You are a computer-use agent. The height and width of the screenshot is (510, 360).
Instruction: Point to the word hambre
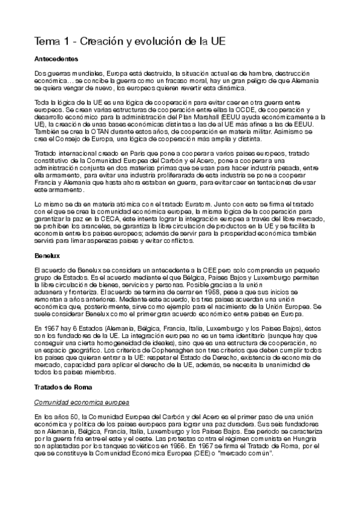pyautogui.click(x=246, y=73)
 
